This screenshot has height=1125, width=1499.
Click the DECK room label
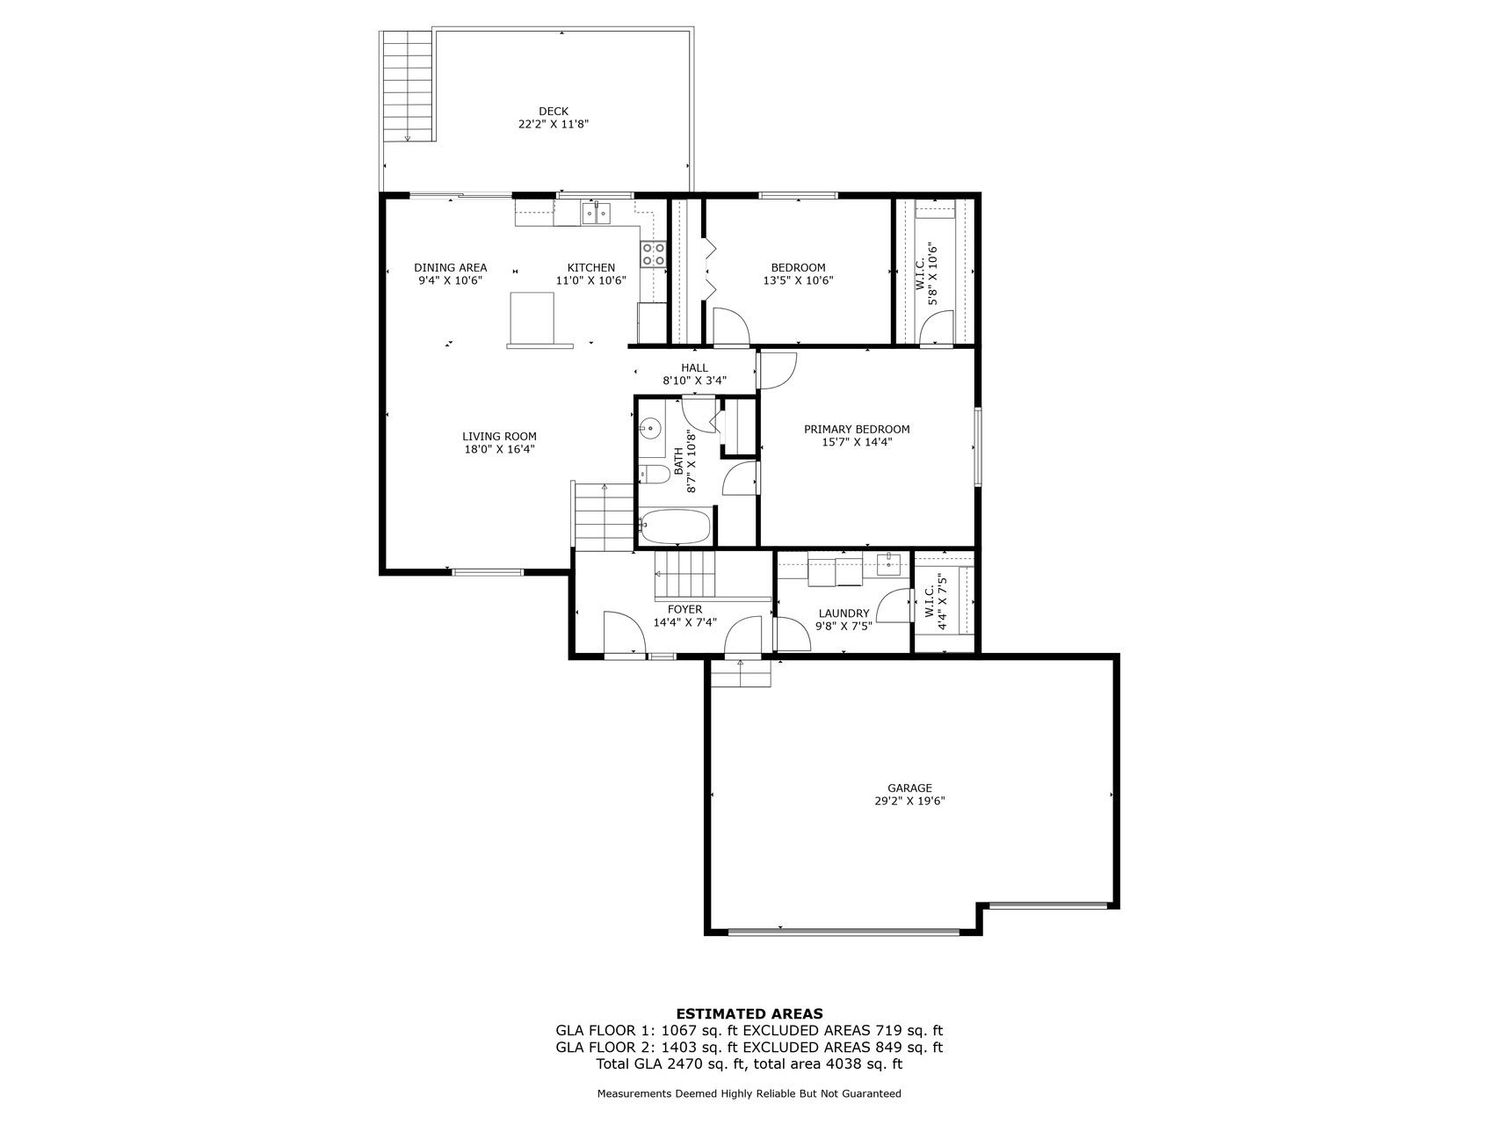tap(554, 111)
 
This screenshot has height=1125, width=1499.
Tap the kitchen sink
tap(596, 213)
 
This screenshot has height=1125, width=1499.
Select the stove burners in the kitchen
tap(654, 254)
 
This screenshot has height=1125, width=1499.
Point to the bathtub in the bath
tap(675, 527)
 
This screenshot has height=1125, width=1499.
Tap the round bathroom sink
tap(650, 429)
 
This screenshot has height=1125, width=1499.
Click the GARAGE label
tap(909, 788)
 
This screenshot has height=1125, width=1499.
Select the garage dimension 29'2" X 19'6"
tap(909, 802)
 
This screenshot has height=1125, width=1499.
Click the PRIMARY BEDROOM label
tap(857, 430)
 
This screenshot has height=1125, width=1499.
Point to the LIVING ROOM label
tap(499, 437)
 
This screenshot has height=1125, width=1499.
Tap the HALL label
tap(694, 368)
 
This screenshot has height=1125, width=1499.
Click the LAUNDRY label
tap(844, 614)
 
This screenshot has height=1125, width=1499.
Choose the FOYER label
tap(684, 610)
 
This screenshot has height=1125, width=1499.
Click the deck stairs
tap(408, 85)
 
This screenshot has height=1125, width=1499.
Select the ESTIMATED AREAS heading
tap(749, 1014)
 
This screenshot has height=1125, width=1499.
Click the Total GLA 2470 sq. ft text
tap(671, 1064)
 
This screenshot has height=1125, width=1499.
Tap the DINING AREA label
tap(450, 268)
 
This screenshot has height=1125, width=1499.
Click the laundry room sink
tap(889, 564)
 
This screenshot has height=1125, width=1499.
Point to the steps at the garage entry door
tap(740, 673)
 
